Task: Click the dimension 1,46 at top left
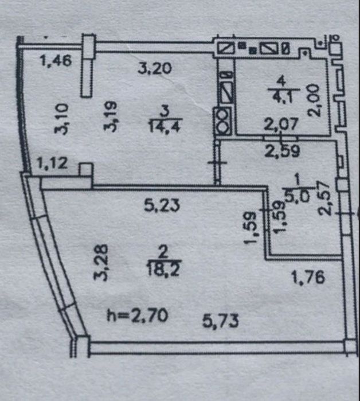pos(56,61)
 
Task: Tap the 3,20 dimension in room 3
pos(155,68)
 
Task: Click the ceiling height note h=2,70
pos(137,316)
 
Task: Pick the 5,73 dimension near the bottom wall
pos(221,321)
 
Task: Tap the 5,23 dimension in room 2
pos(162,205)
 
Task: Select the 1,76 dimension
pos(308,277)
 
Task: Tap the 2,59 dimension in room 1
pos(282,151)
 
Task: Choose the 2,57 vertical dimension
pos(324,198)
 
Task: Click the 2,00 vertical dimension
pos(314,101)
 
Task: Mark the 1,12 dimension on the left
pos(52,163)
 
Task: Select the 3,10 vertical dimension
pos(61,119)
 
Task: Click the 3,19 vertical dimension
pos(111,116)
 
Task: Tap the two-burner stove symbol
pos(223,121)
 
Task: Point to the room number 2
pos(163,252)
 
